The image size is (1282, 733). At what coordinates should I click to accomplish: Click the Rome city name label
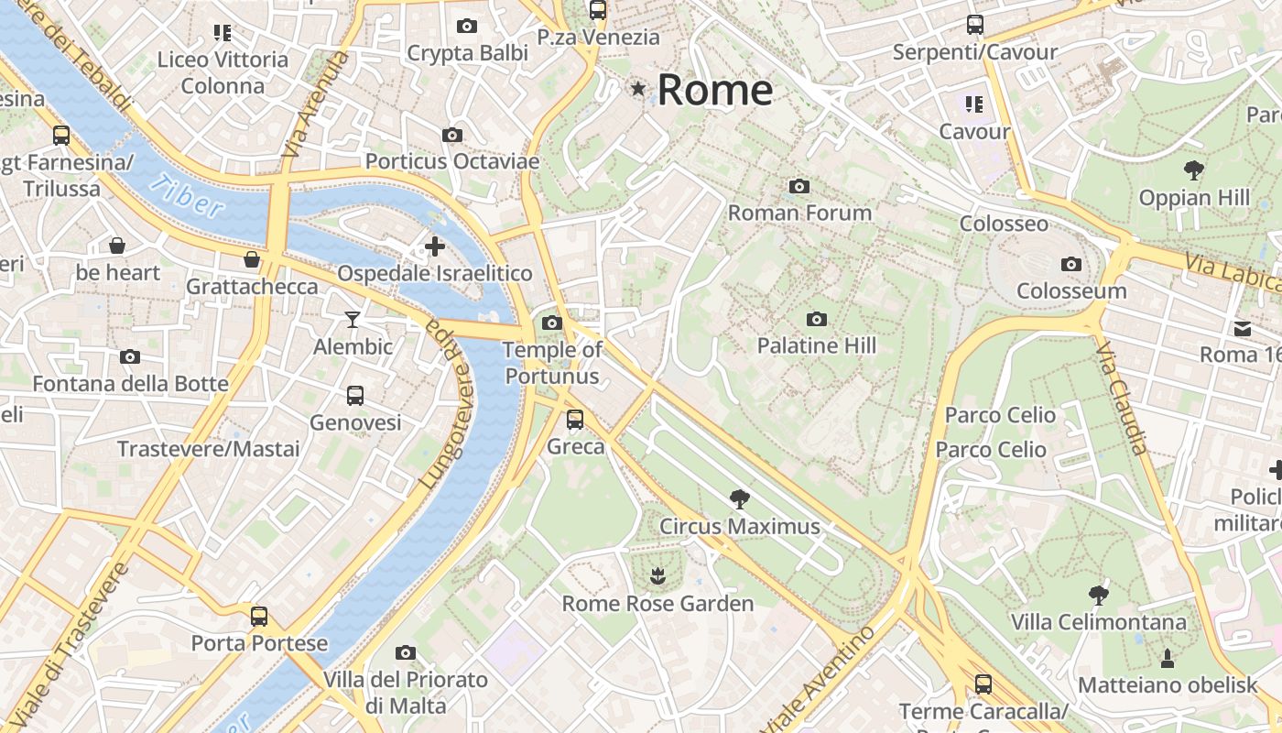click(714, 90)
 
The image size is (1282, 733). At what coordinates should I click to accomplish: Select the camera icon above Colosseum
click(1070, 265)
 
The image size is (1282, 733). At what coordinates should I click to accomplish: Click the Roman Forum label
click(799, 213)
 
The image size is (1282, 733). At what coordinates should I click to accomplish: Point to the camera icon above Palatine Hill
click(817, 319)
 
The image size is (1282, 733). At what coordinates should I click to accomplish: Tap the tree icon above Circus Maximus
click(740, 499)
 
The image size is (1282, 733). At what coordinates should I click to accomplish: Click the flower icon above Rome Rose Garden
click(657, 576)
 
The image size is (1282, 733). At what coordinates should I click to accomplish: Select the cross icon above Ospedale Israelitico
click(435, 246)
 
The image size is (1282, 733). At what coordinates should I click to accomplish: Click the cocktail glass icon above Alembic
click(353, 320)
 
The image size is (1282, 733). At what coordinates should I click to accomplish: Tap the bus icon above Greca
click(575, 420)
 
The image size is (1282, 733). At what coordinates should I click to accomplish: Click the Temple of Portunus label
click(552, 363)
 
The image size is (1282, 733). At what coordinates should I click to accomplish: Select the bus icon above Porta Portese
click(259, 617)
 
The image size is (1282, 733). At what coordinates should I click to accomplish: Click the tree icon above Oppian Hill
click(1193, 170)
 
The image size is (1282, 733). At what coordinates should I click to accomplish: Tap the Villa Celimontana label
click(1098, 622)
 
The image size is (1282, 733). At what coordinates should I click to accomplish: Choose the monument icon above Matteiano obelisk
click(1168, 658)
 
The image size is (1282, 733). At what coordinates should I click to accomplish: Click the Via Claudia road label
click(1122, 399)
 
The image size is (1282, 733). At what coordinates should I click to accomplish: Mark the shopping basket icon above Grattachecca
click(252, 260)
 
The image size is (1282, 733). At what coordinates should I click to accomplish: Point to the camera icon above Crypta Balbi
click(467, 27)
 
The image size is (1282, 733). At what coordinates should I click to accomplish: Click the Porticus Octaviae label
click(452, 161)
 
